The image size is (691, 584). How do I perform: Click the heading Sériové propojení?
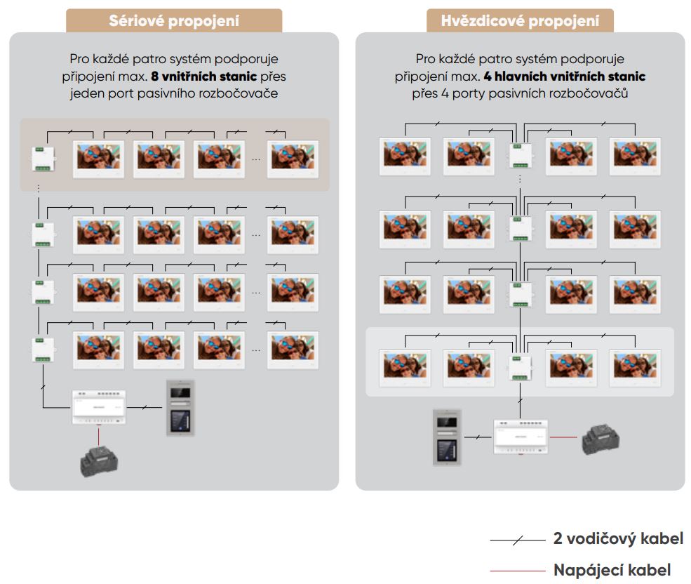(x=174, y=20)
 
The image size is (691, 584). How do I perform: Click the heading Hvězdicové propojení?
(x=520, y=20)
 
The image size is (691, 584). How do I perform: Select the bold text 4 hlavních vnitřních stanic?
(x=564, y=76)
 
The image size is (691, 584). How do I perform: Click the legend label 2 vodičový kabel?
(x=618, y=539)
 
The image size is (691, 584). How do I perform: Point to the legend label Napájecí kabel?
(x=612, y=570)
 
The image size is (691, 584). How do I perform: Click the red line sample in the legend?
(x=517, y=571)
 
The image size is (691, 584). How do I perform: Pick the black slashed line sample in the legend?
(x=517, y=540)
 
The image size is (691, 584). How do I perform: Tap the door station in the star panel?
(x=446, y=437)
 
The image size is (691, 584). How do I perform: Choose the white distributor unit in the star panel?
(x=520, y=437)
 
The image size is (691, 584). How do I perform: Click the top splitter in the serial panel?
(x=42, y=159)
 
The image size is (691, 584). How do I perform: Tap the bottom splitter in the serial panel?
(x=42, y=349)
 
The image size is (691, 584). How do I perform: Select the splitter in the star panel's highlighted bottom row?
(x=520, y=366)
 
